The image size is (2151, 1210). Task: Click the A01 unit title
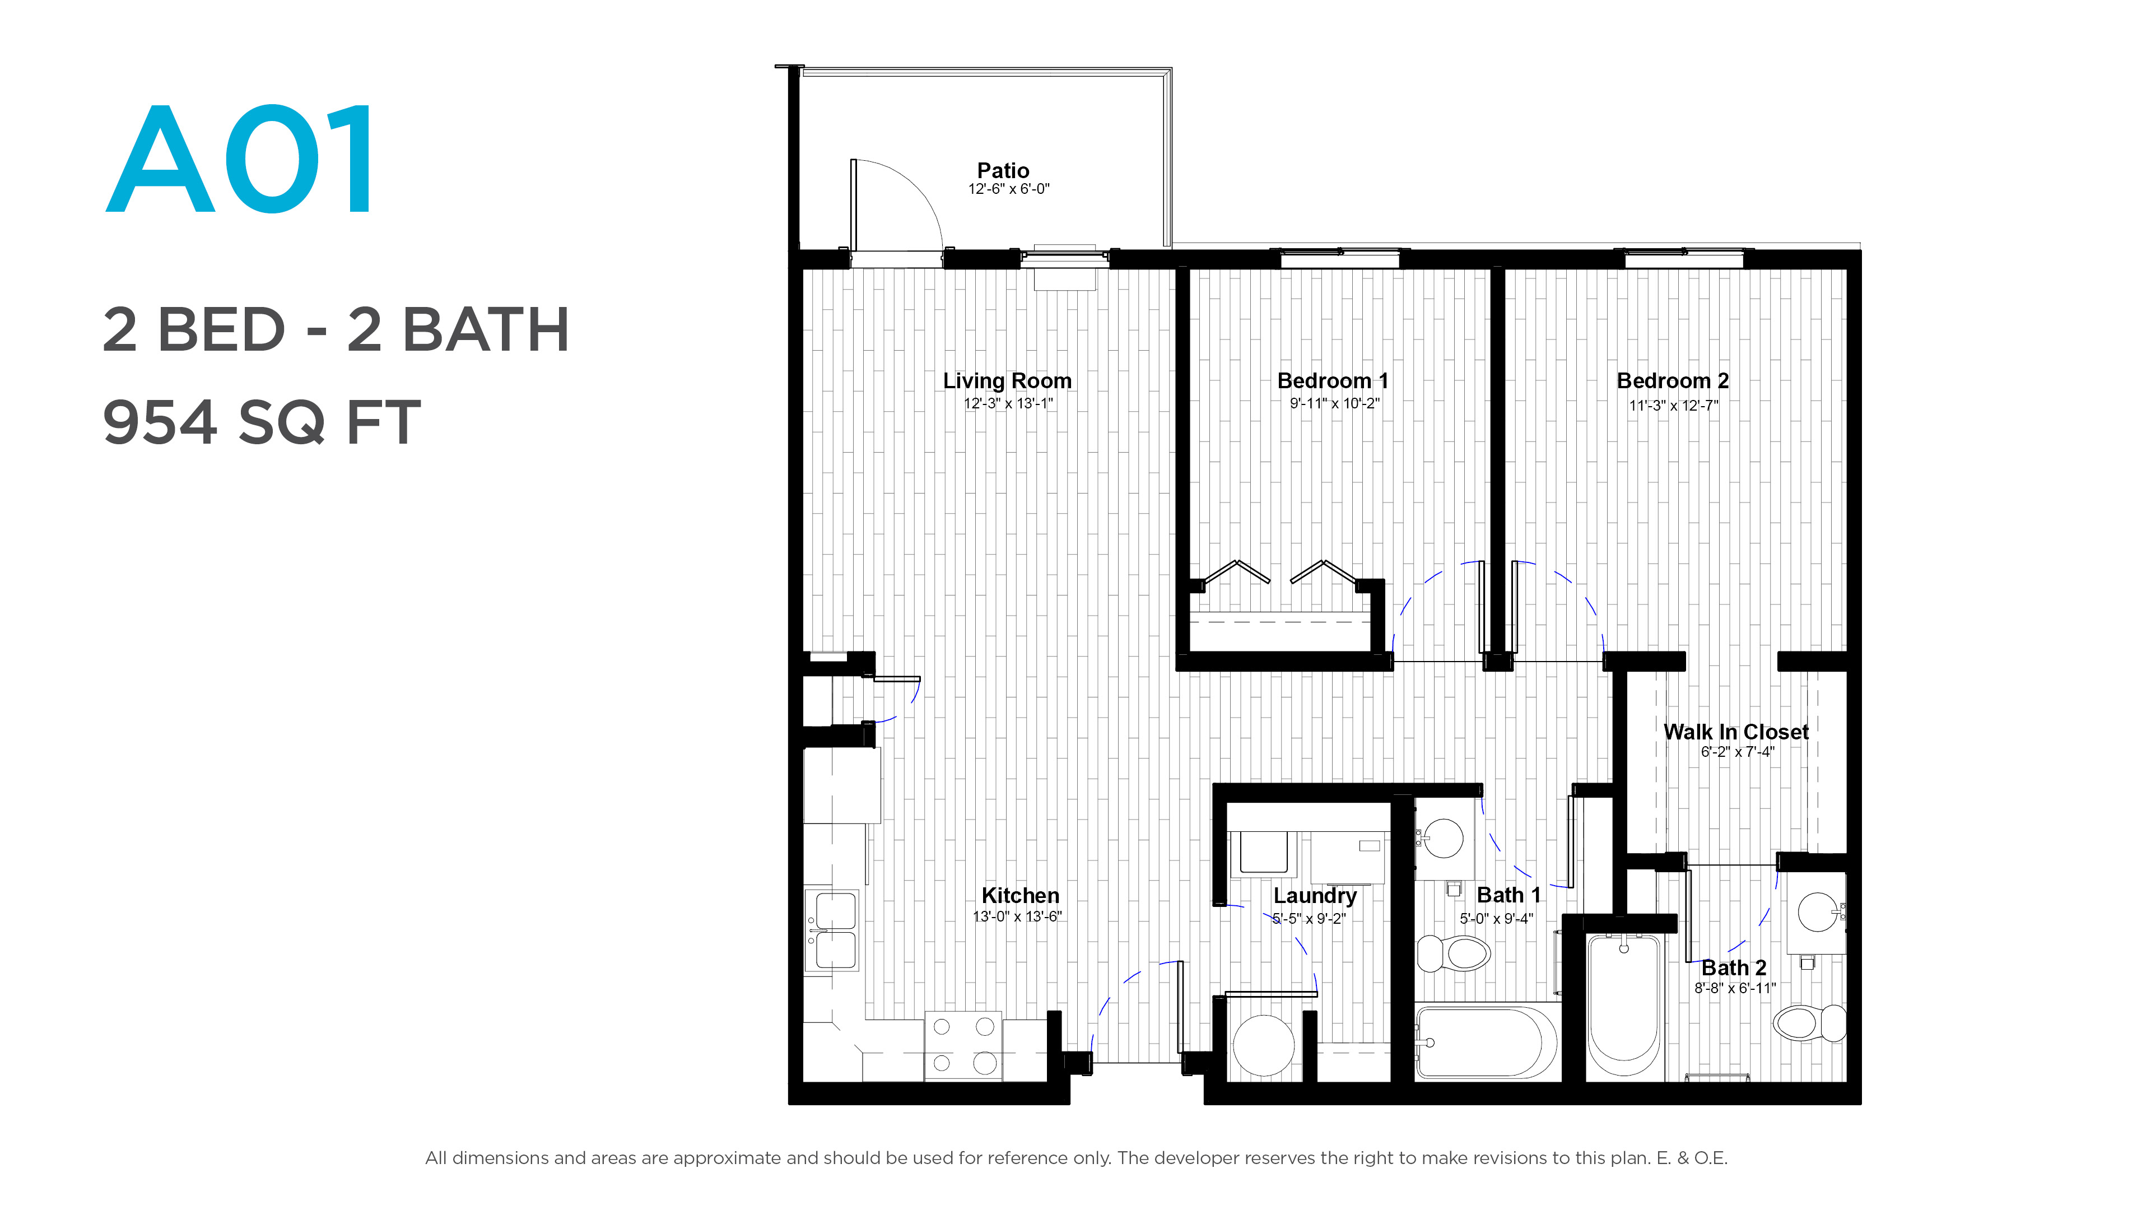(240, 160)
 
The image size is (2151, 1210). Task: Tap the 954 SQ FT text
(262, 422)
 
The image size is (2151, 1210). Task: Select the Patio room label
(1003, 170)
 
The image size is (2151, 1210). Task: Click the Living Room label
(1007, 381)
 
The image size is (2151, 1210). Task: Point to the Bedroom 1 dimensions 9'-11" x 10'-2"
(1334, 404)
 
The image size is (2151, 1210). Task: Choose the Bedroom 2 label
(1673, 381)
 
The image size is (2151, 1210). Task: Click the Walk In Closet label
(1736, 732)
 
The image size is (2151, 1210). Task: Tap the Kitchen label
(1019, 895)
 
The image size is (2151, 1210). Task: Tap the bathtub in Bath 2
(1624, 1006)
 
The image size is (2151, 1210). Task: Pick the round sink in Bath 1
(1443, 837)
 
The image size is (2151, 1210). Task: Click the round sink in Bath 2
(1818, 911)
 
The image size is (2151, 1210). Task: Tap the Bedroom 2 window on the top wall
(1683, 258)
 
